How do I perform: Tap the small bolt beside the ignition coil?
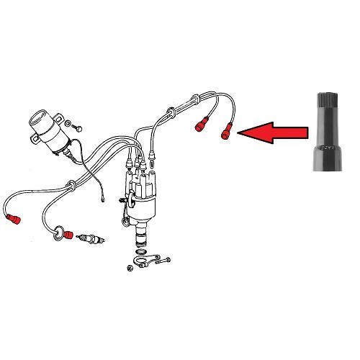(78, 127)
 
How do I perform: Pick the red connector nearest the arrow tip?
(228, 132)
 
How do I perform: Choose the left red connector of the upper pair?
(202, 127)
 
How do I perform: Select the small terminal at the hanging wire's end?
(106, 193)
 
